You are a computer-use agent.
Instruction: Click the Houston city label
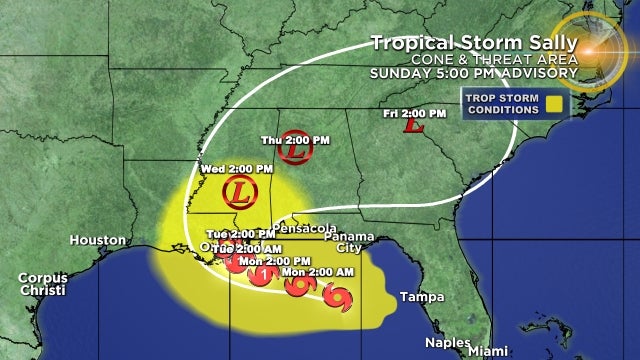click(98, 240)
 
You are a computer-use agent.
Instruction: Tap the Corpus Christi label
click(42, 284)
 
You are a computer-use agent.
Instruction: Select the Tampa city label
click(420, 297)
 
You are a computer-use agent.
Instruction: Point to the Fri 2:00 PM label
click(414, 112)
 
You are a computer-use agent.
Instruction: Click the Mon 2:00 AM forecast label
click(321, 271)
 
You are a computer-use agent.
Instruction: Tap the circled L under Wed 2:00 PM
click(236, 190)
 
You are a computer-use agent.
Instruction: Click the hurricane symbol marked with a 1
click(262, 274)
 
